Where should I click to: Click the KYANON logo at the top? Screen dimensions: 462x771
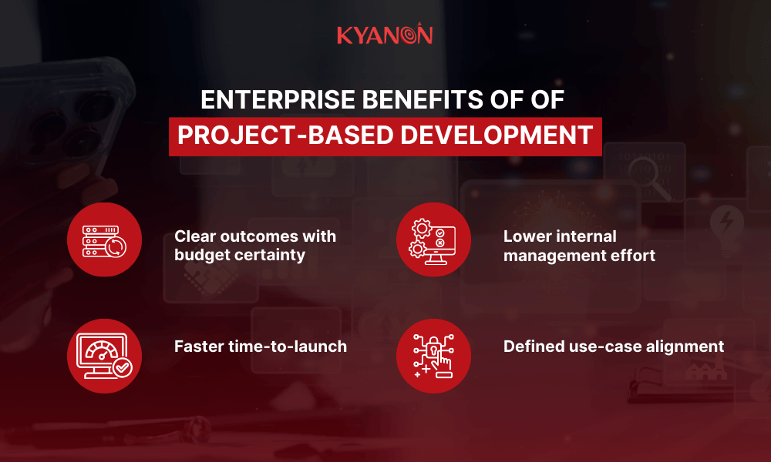(x=385, y=35)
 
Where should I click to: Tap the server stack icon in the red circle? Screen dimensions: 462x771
(x=104, y=239)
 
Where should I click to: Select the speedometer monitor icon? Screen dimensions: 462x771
(x=104, y=356)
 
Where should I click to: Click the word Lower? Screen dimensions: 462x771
(x=526, y=236)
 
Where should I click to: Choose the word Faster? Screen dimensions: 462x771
(x=199, y=346)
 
